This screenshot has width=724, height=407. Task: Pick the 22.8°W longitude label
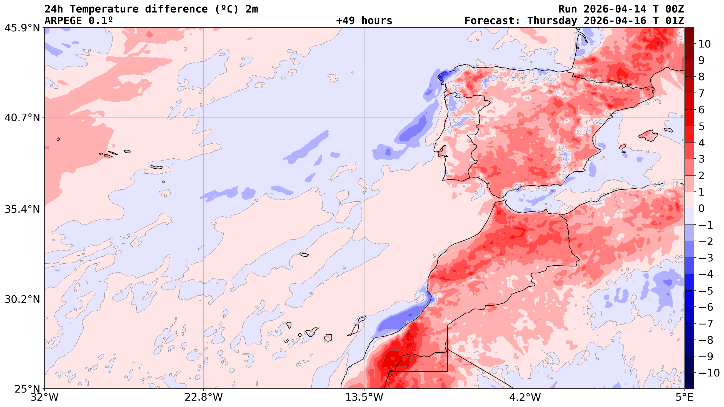coord(203,398)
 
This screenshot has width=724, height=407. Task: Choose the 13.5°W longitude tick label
coord(364,398)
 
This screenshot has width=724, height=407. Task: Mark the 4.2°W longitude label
coord(525,398)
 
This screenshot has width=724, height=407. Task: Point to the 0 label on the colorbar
coord(701,209)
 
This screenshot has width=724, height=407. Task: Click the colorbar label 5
coord(701,126)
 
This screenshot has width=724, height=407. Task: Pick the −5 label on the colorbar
coord(705,291)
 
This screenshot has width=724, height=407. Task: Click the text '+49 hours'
coord(364,21)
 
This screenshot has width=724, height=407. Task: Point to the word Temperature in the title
coord(104,9)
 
